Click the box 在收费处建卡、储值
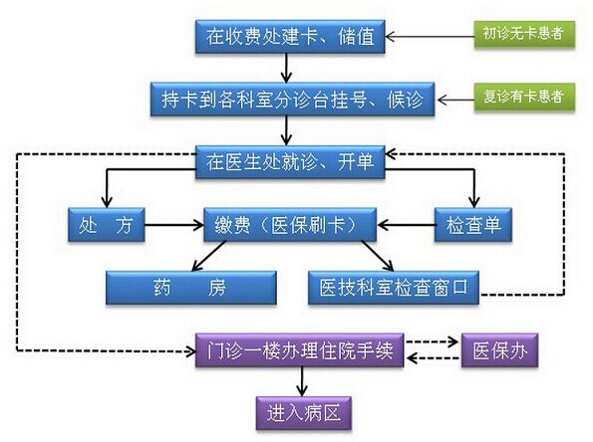click(x=290, y=37)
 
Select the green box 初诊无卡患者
click(x=524, y=34)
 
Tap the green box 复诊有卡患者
click(x=524, y=97)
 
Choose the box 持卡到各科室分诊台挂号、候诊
click(x=292, y=99)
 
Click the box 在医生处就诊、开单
click(x=290, y=162)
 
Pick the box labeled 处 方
click(x=107, y=225)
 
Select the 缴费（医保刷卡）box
click(x=290, y=225)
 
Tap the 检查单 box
click(x=473, y=225)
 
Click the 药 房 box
click(x=191, y=288)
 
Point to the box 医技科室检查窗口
click(x=394, y=288)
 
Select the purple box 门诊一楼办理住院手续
click(x=300, y=350)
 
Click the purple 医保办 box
click(x=499, y=350)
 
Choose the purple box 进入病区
click(x=304, y=413)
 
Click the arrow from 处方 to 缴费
click(x=174, y=225)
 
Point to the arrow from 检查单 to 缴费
click(x=406, y=225)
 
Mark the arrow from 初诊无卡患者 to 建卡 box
click(x=430, y=37)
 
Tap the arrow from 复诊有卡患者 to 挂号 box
click(x=455, y=100)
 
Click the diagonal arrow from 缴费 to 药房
click(x=208, y=256)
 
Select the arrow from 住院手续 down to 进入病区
click(x=302, y=381)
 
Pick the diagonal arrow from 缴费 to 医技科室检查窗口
click(x=378, y=256)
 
